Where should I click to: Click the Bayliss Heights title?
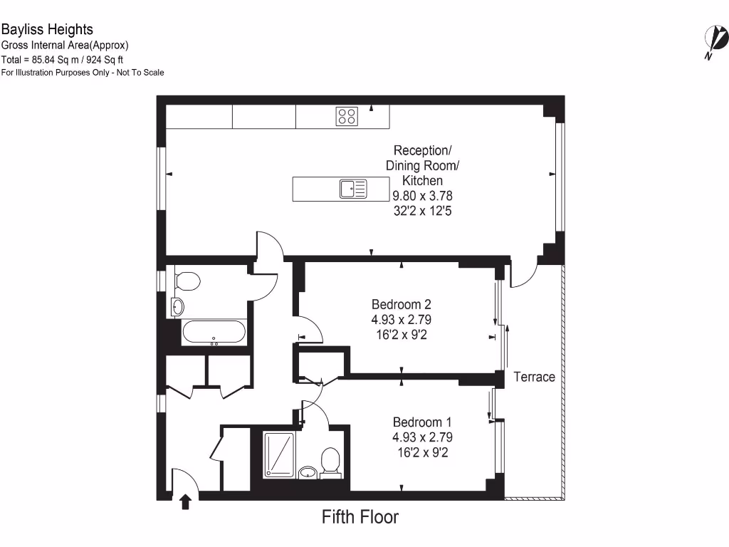(47, 30)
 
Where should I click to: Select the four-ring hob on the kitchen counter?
(347, 116)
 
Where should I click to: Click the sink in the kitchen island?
(353, 189)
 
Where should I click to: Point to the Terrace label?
(534, 377)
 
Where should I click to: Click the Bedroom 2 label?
(402, 304)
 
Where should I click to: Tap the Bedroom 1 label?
(422, 422)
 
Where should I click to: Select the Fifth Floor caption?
(360, 517)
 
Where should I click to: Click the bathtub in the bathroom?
(214, 333)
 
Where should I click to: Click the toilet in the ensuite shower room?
(330, 460)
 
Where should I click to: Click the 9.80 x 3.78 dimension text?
(423, 196)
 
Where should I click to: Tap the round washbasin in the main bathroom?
(177, 307)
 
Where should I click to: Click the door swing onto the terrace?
(521, 275)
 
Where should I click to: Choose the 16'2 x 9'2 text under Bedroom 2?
(402, 334)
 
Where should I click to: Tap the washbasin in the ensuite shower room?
(308, 472)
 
